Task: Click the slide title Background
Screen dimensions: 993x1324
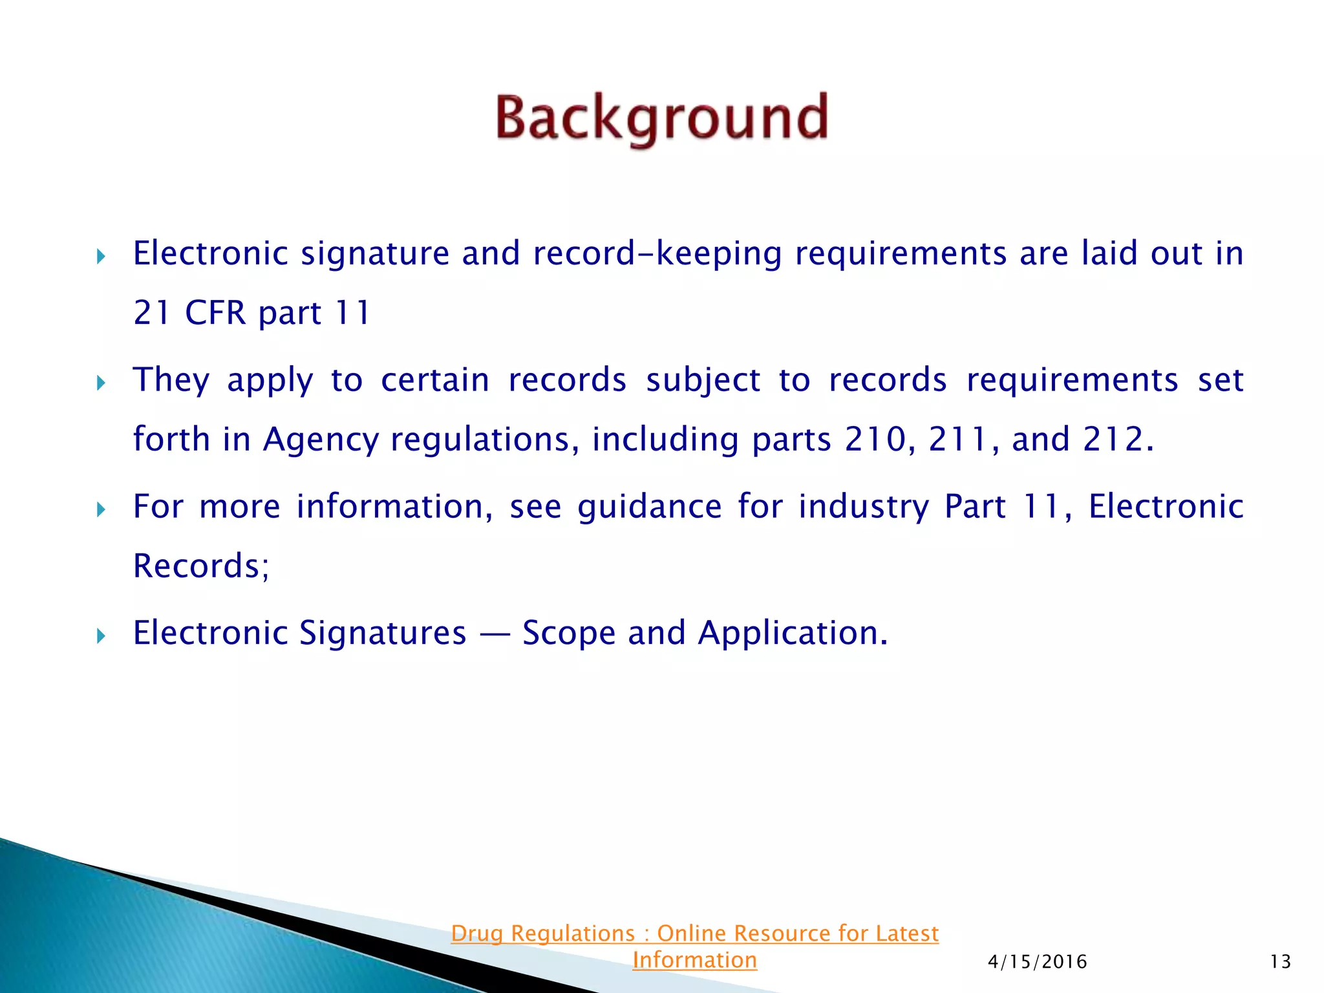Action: pos(661,119)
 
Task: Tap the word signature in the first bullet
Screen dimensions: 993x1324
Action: pos(375,254)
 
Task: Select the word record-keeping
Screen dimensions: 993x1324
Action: pos(657,254)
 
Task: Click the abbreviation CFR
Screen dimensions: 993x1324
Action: pos(215,314)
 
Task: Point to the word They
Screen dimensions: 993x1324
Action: pos(171,380)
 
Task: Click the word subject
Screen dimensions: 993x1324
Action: pos(703,380)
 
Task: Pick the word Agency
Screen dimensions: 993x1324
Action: pos(321,440)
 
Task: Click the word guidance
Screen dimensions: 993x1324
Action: pos(649,507)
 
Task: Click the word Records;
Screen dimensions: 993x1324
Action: pos(201,566)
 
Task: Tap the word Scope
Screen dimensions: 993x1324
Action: pos(568,634)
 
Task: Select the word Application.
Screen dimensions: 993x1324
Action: pos(793,634)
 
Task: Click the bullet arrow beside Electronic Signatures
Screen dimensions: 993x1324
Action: pos(101,636)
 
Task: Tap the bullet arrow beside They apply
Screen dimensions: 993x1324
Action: pos(101,383)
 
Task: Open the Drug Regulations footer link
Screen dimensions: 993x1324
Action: pos(694,934)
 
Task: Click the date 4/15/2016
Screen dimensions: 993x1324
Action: pos(1037,962)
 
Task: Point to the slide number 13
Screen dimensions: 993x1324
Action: pos(1280,962)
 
